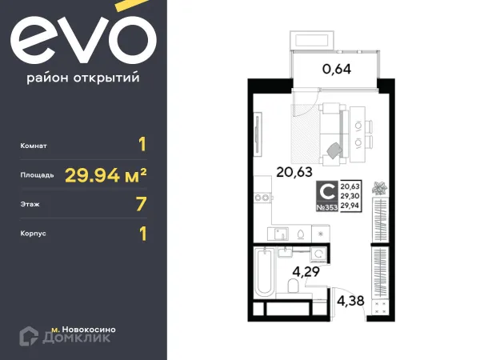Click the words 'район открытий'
[x=83, y=78]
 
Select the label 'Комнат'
[x=37, y=146]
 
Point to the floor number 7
[x=142, y=204]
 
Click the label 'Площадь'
[x=38, y=174]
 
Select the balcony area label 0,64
[x=337, y=68]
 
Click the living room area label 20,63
[x=294, y=170]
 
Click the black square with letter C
[x=327, y=191]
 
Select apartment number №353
[x=327, y=206]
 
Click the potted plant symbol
[x=379, y=190]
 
